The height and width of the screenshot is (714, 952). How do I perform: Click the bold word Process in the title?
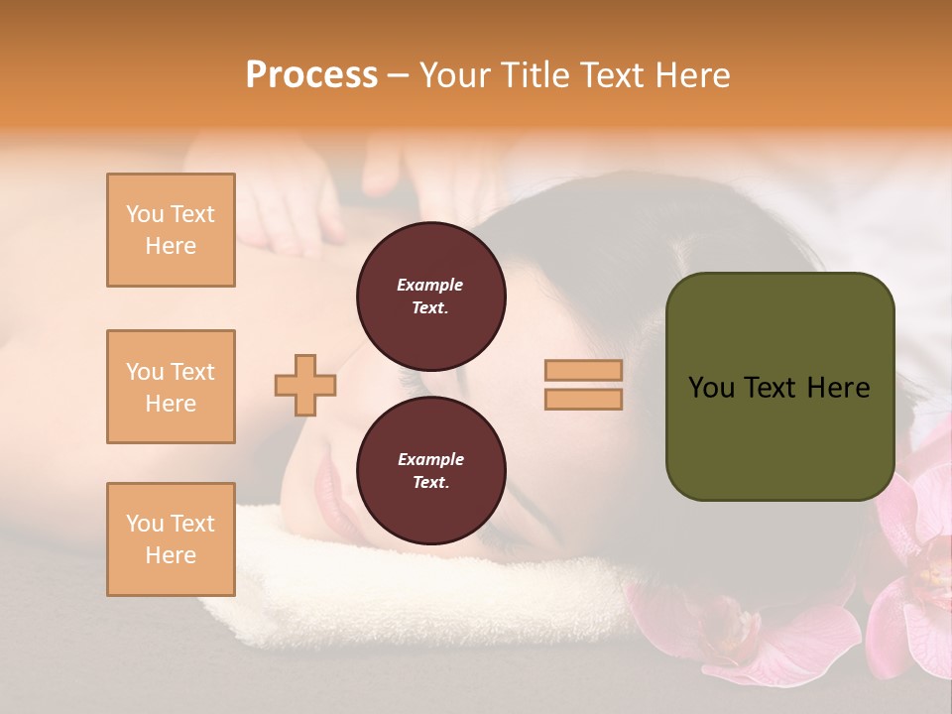coord(311,74)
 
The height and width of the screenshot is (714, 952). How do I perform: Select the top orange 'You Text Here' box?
coord(171,230)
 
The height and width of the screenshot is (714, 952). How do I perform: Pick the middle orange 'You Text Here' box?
coord(171,387)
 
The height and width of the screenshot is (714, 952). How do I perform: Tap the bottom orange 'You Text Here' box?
coord(171,539)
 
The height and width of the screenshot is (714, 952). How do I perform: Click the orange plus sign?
coord(304,385)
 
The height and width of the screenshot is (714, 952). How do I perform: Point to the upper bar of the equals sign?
coord(583,370)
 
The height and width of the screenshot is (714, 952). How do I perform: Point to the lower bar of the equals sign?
coord(583,399)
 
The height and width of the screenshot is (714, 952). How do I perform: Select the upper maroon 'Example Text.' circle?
coord(430,296)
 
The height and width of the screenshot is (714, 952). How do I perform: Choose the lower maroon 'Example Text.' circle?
coord(430,470)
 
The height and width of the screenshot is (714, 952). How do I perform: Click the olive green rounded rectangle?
coord(779,436)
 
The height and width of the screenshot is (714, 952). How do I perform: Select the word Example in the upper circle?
coord(429,285)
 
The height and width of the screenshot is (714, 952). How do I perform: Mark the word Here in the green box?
coord(838,388)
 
